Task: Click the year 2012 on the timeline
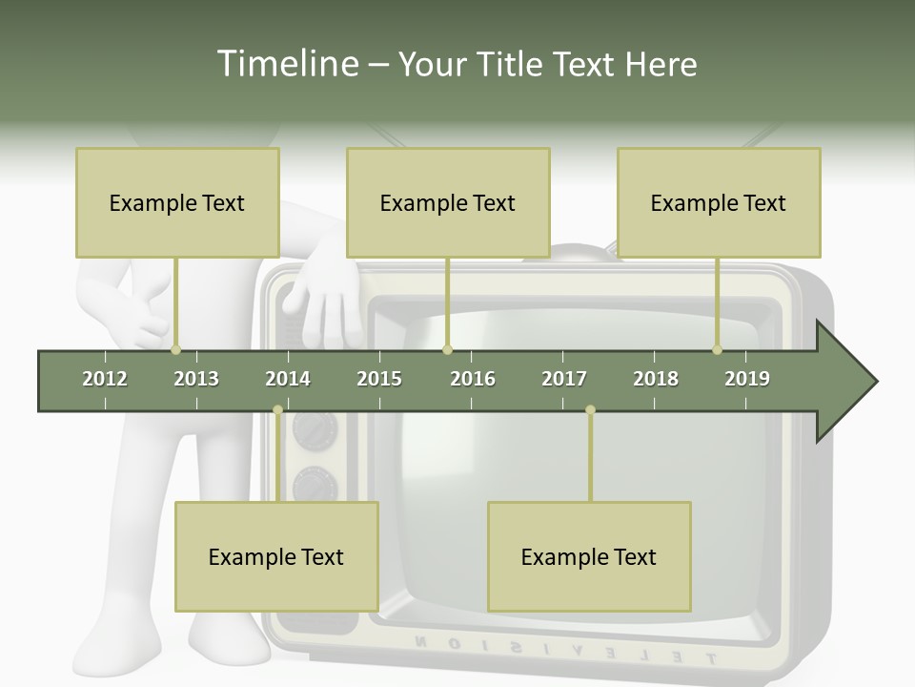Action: (x=105, y=379)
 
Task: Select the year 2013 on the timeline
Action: (x=196, y=379)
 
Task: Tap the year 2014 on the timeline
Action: (x=288, y=379)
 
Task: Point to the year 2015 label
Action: (x=379, y=379)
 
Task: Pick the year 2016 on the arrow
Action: (x=473, y=379)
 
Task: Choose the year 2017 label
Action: (x=564, y=379)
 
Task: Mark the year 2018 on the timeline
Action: (x=656, y=379)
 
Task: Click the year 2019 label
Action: (x=747, y=379)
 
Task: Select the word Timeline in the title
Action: (x=285, y=64)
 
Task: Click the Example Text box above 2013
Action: (x=177, y=202)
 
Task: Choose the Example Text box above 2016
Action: (x=448, y=202)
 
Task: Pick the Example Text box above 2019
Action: (x=719, y=202)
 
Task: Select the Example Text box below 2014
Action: (x=276, y=556)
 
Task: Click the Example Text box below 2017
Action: (x=589, y=556)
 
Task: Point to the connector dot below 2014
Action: (x=277, y=410)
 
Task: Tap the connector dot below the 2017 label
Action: (x=590, y=410)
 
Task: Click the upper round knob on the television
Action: (x=315, y=432)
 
